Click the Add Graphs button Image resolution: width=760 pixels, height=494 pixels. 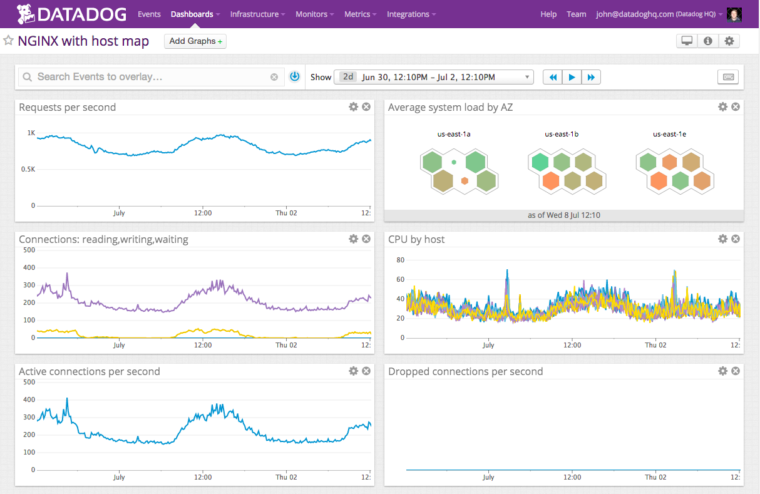click(195, 41)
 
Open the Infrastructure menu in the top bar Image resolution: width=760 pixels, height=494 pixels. click(257, 14)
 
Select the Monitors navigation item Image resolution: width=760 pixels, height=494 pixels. click(314, 14)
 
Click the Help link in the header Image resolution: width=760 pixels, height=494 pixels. click(548, 14)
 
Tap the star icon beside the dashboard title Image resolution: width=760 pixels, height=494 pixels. click(9, 41)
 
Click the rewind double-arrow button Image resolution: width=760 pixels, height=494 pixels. click(553, 77)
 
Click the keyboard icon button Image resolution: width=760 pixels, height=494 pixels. click(728, 77)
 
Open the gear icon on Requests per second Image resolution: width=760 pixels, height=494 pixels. click(353, 107)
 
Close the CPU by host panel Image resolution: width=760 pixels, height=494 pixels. click(736, 239)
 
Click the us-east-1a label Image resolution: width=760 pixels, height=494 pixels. click(454, 134)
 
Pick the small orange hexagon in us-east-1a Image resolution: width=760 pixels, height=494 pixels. click(465, 181)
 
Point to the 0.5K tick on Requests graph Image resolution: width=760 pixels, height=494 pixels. click(27, 169)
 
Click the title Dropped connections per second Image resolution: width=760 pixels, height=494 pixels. click(465, 371)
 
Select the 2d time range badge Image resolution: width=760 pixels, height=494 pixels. click(348, 77)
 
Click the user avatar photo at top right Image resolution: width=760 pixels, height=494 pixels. click(735, 14)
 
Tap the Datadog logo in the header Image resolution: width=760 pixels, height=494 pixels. click(72, 13)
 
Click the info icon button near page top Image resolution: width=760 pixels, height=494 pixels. click(708, 41)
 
